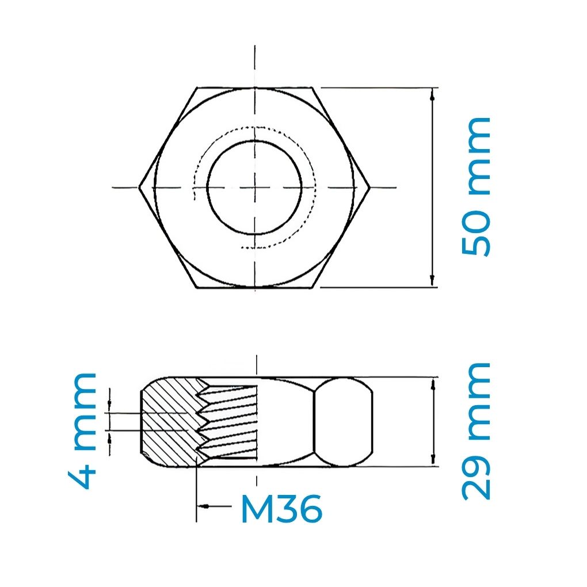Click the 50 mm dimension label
pos(476,187)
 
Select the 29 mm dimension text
pos(476,430)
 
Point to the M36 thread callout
pos(280,509)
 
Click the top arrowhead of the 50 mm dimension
pos(432,93)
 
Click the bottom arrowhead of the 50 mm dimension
pos(432,282)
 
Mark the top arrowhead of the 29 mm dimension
pos(432,382)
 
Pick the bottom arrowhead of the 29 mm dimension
pos(432,460)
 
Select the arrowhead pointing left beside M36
pos(202,506)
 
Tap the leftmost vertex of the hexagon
pos(140,187)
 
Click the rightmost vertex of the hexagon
pos(369,187)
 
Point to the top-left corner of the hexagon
pos(197,88)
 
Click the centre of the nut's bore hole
pos(254,187)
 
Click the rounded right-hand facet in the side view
pos(344,421)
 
